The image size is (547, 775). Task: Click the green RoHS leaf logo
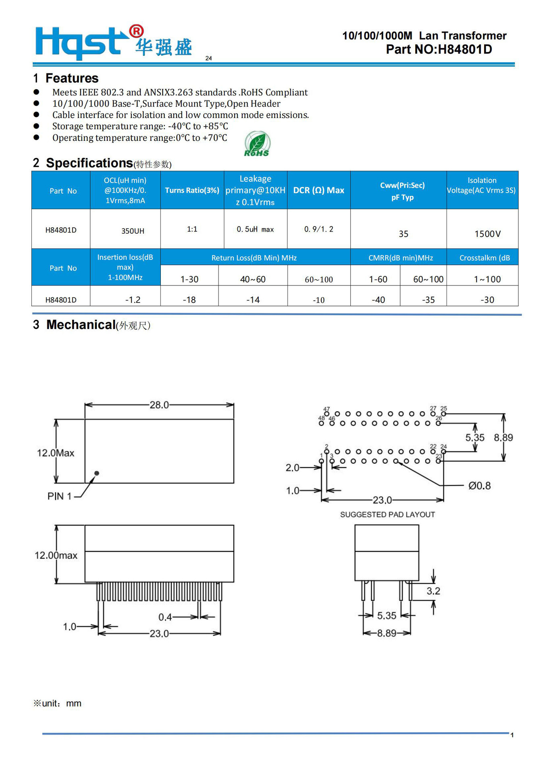point(257,144)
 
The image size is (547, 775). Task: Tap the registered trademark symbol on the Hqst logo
point(136,31)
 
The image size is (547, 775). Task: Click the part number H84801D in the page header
point(464,49)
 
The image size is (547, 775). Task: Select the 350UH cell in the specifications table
point(133,231)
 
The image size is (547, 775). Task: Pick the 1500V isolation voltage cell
point(487,234)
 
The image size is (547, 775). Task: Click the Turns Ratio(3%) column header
point(192,190)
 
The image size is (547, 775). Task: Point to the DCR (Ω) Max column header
point(318,190)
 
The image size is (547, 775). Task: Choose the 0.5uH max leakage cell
point(255,229)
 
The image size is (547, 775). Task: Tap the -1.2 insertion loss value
point(133,300)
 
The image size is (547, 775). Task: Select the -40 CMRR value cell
point(378,300)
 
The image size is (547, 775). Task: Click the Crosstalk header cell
point(485,258)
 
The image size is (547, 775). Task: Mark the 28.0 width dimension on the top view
point(159,404)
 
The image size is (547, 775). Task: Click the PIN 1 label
point(59,496)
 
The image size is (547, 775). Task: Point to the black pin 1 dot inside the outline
point(97,473)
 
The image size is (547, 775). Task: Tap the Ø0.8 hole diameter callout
point(479,486)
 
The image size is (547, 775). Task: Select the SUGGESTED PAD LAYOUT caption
point(387,514)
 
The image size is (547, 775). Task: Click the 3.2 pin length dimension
point(433,591)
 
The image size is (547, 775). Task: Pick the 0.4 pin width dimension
point(165,617)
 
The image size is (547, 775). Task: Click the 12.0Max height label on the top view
point(56,453)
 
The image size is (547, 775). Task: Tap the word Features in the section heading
point(72,78)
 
